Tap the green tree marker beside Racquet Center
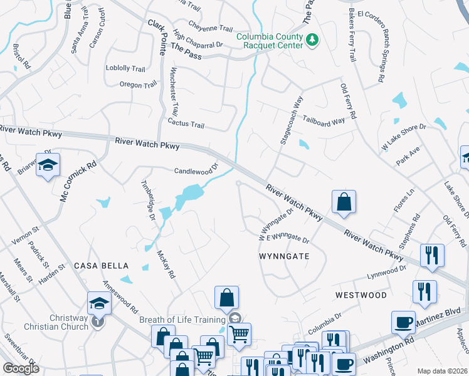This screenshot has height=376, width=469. coord(312,41)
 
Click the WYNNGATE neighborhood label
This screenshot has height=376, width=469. coord(284,256)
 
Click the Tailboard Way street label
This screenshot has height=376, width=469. coord(324,121)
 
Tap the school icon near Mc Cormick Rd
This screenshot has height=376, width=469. coord(48,165)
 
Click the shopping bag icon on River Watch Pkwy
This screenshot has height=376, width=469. coord(344,202)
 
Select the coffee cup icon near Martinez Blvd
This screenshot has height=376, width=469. coord(403,322)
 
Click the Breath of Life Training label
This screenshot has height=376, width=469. coord(182,320)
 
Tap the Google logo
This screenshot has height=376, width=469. coord(20,368)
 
